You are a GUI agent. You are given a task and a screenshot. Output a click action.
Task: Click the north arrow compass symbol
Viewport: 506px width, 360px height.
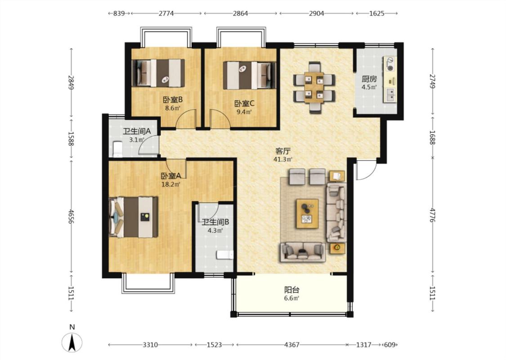72,342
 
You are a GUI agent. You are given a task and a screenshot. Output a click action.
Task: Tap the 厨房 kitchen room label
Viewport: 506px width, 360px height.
369,79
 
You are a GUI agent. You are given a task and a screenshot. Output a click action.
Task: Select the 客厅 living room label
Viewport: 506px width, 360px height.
283,151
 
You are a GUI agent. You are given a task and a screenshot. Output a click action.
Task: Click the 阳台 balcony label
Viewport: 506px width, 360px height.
291,290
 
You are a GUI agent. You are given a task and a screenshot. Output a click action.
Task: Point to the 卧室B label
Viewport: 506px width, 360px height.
173,99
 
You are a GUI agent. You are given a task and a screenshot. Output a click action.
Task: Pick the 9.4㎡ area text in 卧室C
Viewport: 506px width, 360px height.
244,112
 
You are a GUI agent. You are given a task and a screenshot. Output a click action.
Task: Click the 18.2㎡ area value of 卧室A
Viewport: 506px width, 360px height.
171,184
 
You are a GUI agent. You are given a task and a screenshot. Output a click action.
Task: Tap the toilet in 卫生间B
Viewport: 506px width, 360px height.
225,255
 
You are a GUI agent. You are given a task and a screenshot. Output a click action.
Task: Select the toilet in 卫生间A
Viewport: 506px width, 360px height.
117,149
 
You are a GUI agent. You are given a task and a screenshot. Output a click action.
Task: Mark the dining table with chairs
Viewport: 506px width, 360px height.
314,87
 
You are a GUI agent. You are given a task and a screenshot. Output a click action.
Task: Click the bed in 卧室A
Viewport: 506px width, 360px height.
134,217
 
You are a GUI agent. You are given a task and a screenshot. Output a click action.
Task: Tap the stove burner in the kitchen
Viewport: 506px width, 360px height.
390,64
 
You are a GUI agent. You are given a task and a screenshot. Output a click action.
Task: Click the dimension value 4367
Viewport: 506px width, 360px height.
292,345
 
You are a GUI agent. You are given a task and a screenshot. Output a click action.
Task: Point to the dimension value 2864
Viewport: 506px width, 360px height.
241,13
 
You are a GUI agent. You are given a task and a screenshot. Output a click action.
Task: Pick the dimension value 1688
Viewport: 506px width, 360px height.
432,138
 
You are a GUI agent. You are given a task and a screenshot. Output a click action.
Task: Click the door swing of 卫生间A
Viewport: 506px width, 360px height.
148,144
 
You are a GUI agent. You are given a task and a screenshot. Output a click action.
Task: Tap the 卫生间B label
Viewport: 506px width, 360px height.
215,222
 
